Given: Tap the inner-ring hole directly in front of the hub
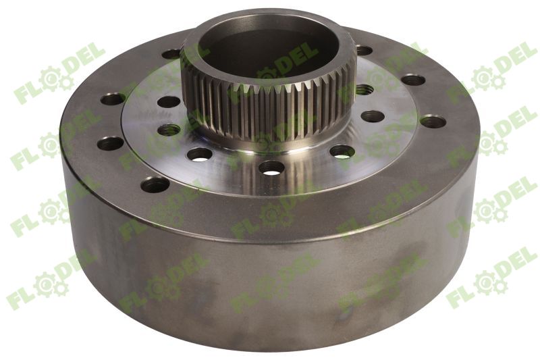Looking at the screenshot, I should click(271, 167).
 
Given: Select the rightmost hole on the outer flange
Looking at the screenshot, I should click(432, 122).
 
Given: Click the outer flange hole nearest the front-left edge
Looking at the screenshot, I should click(155, 184).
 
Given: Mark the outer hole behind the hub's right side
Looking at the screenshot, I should click(364, 50).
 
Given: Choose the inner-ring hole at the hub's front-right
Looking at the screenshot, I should click(342, 151).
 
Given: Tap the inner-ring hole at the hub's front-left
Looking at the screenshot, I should click(200, 153).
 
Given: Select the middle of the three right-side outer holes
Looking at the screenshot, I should click(413, 80).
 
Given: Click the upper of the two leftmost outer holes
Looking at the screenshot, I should click(113, 99).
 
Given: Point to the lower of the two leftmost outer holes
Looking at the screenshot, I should click(110, 143).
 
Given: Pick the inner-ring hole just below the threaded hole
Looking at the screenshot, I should click(372, 115).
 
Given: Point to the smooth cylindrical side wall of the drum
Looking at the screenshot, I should click(270, 284).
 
